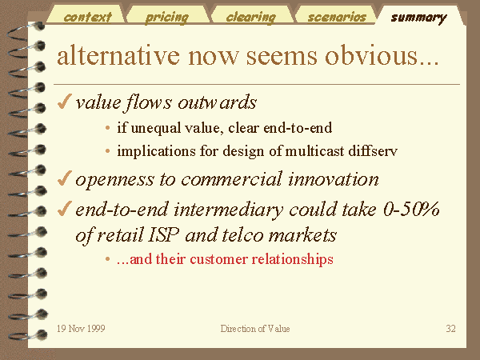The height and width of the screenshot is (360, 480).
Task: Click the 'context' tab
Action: click(87, 17)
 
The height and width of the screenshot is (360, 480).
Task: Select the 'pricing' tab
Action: click(167, 18)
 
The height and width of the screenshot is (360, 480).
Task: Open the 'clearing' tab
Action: click(250, 18)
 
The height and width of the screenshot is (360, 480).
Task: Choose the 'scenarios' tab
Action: click(337, 17)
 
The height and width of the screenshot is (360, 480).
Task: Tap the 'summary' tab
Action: click(418, 18)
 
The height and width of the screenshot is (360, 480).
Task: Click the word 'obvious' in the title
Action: click(382, 55)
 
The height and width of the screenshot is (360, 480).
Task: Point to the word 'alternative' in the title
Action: click(118, 55)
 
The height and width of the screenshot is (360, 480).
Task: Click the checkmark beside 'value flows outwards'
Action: click(64, 102)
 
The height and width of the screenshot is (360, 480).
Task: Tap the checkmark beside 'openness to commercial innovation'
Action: click(64, 178)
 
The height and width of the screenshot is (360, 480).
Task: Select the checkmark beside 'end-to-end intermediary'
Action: click(64, 208)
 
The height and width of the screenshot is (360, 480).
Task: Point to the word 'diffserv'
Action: click(373, 150)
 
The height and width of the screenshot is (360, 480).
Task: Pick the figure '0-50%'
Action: click(411, 209)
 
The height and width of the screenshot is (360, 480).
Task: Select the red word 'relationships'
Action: click(292, 259)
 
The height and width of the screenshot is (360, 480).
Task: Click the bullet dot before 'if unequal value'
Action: click(107, 128)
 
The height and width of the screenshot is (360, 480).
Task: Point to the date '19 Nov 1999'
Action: click(81, 329)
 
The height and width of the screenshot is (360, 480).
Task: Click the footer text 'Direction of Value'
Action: click(255, 329)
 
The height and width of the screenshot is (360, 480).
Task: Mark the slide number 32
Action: click(450, 329)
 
